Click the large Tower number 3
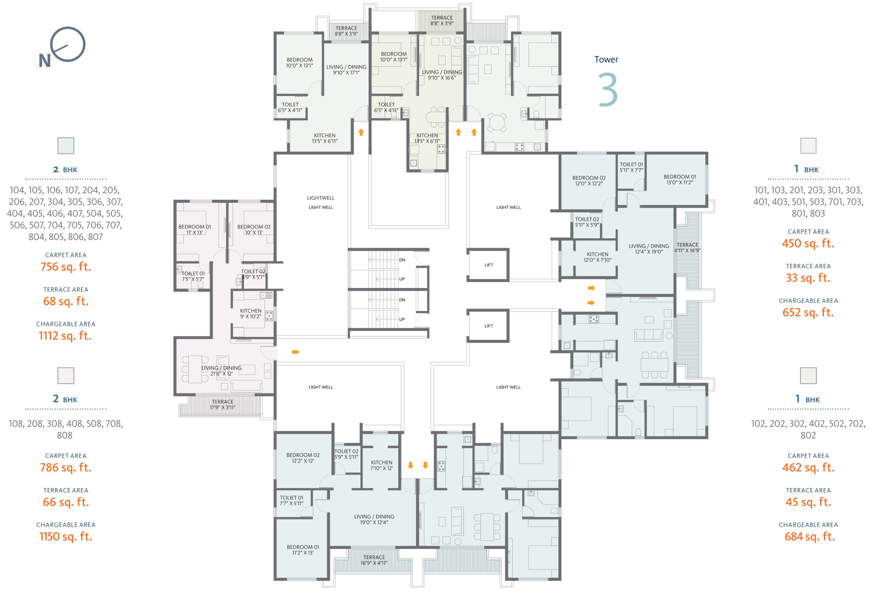[608, 90]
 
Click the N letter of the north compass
[45, 61]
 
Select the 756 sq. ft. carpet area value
[66, 267]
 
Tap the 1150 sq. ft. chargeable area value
[66, 536]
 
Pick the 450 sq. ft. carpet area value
[808, 243]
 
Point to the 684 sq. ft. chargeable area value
[810, 536]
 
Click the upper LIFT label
[489, 265]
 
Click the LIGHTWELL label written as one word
[320, 198]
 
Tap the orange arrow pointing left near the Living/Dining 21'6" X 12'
[295, 352]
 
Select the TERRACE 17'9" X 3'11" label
[223, 404]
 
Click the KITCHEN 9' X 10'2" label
[251, 314]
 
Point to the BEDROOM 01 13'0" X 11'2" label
[680, 179]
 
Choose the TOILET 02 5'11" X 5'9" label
[587, 222]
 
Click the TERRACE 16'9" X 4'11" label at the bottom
[374, 560]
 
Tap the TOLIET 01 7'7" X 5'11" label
[291, 500]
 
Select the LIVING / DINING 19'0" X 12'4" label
[374, 519]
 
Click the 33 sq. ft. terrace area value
[808, 278]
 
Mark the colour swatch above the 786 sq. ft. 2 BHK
[66, 375]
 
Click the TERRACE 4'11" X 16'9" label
[687, 248]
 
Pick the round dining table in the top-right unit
[497, 122]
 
